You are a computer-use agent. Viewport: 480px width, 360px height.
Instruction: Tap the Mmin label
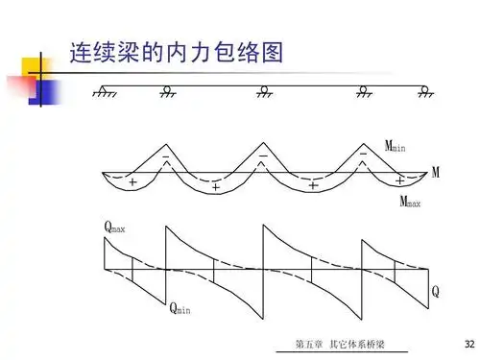[396, 146]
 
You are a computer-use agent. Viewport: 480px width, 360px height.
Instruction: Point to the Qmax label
[116, 228]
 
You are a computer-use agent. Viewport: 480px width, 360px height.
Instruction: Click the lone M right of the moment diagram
[436, 173]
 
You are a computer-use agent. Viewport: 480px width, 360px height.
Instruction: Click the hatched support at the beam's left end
[104, 92]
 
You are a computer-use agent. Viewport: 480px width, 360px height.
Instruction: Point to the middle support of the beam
[264, 92]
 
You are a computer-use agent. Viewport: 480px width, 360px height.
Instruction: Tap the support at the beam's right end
[424, 92]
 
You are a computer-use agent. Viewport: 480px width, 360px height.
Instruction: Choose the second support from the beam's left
[167, 92]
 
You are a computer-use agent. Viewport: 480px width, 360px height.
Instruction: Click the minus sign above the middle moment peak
[263, 154]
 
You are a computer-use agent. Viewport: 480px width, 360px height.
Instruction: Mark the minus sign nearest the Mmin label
[362, 154]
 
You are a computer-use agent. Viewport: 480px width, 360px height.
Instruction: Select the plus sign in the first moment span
[132, 181]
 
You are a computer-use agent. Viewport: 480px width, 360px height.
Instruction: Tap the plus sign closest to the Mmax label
[398, 180]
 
